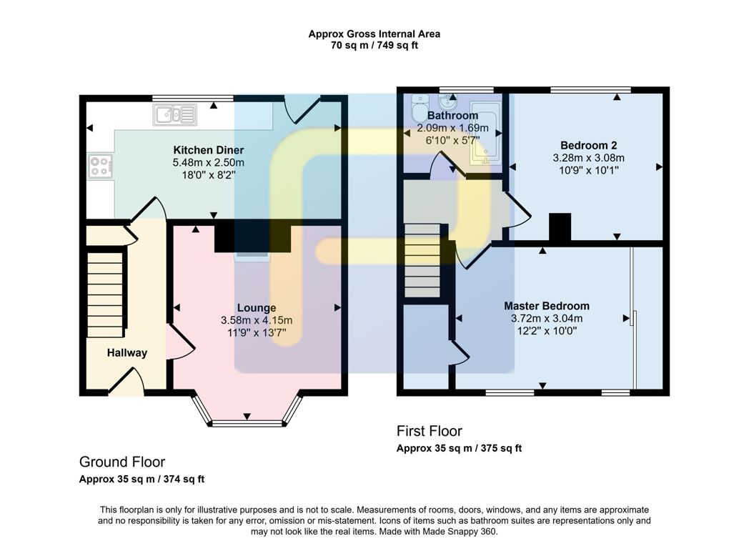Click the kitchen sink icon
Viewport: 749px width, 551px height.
(x=174, y=114)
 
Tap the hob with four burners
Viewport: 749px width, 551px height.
(x=99, y=167)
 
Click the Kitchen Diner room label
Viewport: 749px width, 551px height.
(x=208, y=150)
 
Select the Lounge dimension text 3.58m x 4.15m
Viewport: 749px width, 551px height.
(x=257, y=320)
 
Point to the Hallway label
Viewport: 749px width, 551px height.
(x=127, y=352)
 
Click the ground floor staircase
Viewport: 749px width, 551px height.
(x=104, y=293)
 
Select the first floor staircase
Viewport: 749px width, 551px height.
(x=422, y=261)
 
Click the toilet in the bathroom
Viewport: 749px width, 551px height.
(x=418, y=111)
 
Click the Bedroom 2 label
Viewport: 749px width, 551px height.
(x=588, y=145)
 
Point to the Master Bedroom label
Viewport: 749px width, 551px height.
(x=546, y=306)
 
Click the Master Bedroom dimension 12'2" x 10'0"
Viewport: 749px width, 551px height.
(x=546, y=331)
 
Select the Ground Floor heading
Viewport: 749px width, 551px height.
(x=122, y=462)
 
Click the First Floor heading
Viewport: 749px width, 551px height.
(x=429, y=431)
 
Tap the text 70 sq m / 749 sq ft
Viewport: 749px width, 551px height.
(x=374, y=46)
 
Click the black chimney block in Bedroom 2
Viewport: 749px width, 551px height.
(x=560, y=227)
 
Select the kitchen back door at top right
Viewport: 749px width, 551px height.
(x=300, y=111)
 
